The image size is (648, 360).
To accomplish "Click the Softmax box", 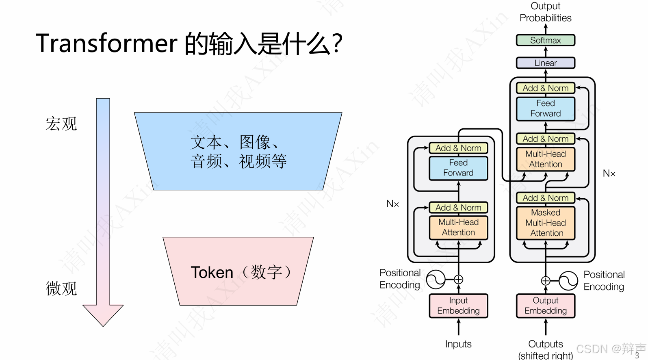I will click(x=545, y=40).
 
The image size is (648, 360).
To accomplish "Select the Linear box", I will click(x=545, y=63).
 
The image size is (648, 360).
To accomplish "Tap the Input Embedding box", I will click(x=458, y=306).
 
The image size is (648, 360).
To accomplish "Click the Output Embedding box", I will click(x=545, y=306).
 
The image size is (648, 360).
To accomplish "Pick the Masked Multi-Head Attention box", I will click(x=545, y=223).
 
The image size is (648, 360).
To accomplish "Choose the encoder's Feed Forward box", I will click(x=458, y=168).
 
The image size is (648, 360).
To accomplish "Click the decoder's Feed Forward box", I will click(x=545, y=108).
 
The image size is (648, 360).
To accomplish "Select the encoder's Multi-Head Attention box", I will click(x=458, y=227).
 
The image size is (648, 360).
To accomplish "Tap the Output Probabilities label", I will click(x=545, y=12).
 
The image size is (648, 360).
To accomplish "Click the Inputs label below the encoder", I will click(x=458, y=344).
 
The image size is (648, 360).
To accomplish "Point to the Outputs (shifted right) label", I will click(x=545, y=349).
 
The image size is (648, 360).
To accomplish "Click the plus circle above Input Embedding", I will click(x=458, y=280).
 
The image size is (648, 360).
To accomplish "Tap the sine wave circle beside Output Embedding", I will click(x=568, y=281).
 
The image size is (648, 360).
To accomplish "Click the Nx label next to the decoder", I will click(x=609, y=173).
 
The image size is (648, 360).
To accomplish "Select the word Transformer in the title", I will click(x=106, y=43).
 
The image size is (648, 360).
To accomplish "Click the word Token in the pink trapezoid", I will click(x=212, y=272).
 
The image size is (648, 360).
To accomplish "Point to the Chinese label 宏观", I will click(x=61, y=124).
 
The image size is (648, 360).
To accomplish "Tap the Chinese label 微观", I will click(x=61, y=288).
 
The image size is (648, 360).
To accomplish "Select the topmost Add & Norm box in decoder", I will click(x=545, y=88).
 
